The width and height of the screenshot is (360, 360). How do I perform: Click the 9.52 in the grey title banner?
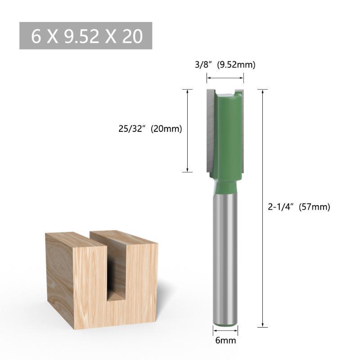pos(81,36)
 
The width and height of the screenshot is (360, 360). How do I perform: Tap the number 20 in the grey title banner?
pos(132,36)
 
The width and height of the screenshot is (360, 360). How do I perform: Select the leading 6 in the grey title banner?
pos(36,36)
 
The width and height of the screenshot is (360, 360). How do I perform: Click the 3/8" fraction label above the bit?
pos(203,65)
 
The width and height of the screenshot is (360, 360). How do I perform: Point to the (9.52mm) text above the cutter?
pos(236,65)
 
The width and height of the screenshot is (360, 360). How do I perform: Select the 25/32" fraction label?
pos(132,129)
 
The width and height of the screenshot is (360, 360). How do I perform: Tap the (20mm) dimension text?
pos(166,129)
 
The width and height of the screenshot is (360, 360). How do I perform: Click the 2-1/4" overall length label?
pos(281,207)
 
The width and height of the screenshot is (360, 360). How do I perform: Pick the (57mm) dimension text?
pos(314,207)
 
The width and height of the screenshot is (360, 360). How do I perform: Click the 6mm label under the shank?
pos(225,340)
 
